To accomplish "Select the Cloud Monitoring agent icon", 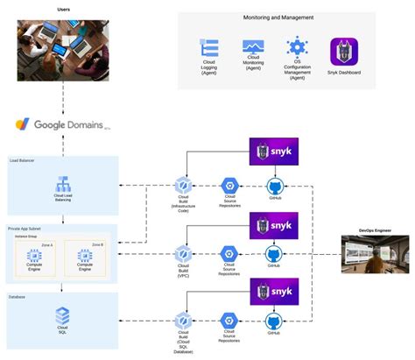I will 254,48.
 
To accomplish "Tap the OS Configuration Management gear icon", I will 297,47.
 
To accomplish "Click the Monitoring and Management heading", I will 278,18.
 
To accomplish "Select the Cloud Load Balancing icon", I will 62,185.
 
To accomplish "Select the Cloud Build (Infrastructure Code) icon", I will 183,186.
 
